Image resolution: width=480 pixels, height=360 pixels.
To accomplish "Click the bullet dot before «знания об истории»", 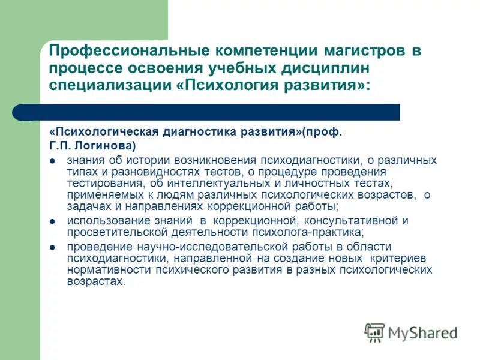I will (53, 161).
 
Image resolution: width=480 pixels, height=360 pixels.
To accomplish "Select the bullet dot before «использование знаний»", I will (53, 221).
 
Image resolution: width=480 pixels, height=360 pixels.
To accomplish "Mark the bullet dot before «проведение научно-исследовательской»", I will (53, 247).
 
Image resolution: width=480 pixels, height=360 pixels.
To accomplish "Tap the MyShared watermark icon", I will (374, 332).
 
